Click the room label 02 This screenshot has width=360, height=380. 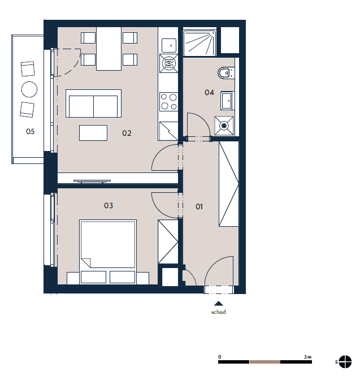[127, 133]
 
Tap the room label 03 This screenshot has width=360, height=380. [109, 205]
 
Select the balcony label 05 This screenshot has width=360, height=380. [31, 131]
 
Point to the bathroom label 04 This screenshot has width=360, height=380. [209, 92]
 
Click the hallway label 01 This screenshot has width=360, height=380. [199, 207]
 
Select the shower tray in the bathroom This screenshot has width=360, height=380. [199, 43]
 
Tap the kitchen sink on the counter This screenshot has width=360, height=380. [169, 45]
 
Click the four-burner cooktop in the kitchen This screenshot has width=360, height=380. [169, 102]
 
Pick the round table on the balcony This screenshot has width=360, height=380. [29, 89]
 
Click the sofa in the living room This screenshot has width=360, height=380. [93, 103]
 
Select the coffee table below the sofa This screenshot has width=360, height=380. [93, 133]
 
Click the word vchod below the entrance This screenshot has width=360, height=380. [218, 312]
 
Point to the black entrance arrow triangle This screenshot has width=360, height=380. [219, 304]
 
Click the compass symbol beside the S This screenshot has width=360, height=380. [345, 362]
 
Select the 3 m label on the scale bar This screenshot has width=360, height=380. [307, 357]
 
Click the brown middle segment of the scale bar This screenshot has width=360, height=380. [265, 362]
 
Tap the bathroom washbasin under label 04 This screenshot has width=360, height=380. [227, 101]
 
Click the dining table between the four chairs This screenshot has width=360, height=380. [109, 49]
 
